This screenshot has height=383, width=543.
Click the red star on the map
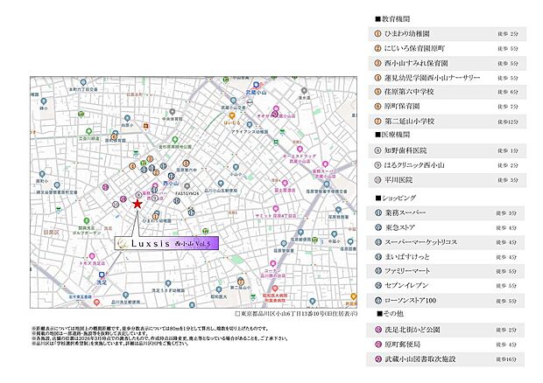click(x=138, y=203)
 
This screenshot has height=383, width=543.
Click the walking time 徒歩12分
click(x=506, y=121)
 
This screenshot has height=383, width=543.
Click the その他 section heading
click(x=391, y=314)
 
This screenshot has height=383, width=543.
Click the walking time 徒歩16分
click(x=506, y=359)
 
